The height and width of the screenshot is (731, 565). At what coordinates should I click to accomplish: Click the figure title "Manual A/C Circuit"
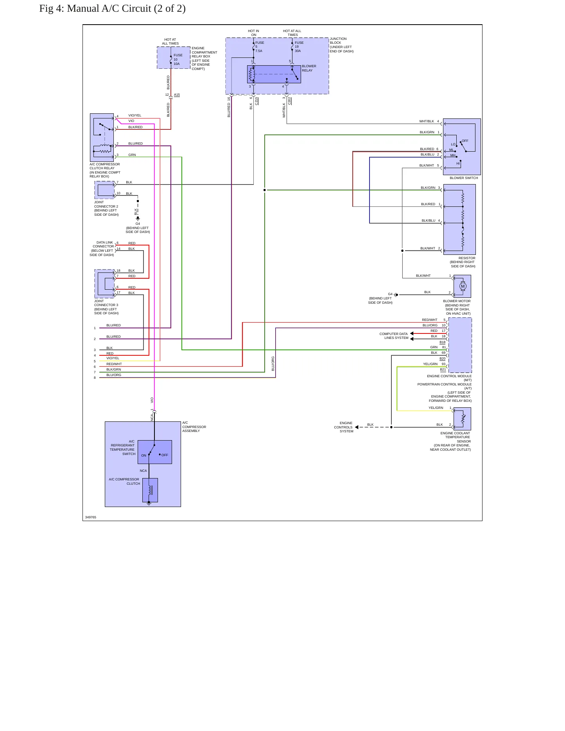pos(109,9)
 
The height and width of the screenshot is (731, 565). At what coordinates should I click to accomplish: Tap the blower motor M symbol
pos(463,286)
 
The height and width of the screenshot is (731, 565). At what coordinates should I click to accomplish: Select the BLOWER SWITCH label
pos(464,178)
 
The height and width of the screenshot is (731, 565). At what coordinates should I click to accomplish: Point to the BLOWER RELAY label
pos(309,68)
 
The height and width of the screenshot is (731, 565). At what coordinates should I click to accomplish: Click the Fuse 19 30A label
pos(299,47)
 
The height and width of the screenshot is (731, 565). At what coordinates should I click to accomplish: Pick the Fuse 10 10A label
pos(178,59)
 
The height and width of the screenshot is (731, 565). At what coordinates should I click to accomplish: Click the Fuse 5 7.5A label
pos(260,47)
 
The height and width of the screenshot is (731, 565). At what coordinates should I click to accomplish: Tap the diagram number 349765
pos(91,517)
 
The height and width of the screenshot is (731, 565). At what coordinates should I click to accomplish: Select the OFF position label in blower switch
pos(465,141)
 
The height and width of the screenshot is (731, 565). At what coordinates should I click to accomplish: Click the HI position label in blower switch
pos(458,163)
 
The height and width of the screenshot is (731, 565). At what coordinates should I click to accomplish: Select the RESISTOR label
pos(467,258)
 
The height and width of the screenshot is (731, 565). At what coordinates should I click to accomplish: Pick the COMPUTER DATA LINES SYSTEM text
pos(394,336)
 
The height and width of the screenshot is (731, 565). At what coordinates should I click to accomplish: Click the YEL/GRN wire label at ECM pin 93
pos(430,364)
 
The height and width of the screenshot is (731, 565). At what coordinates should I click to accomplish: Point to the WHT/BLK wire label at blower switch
pos(427,121)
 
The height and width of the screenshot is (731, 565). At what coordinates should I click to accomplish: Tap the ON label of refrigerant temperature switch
pos(143,455)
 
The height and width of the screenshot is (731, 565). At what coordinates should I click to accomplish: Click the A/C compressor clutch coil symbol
pos(150,490)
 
